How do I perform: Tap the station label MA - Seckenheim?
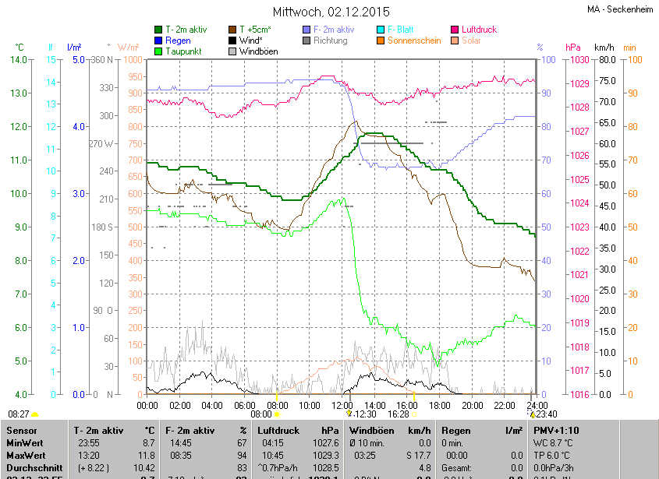(621, 9)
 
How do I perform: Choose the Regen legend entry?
(178, 41)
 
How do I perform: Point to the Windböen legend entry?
(258, 51)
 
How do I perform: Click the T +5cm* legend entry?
(260, 30)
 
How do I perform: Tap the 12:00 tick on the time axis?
(342, 405)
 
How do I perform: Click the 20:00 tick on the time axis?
(473, 405)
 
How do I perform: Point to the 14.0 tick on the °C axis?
(19, 60)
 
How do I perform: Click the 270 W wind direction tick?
(102, 144)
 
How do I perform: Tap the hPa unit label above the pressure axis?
(573, 48)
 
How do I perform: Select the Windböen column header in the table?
(371, 430)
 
